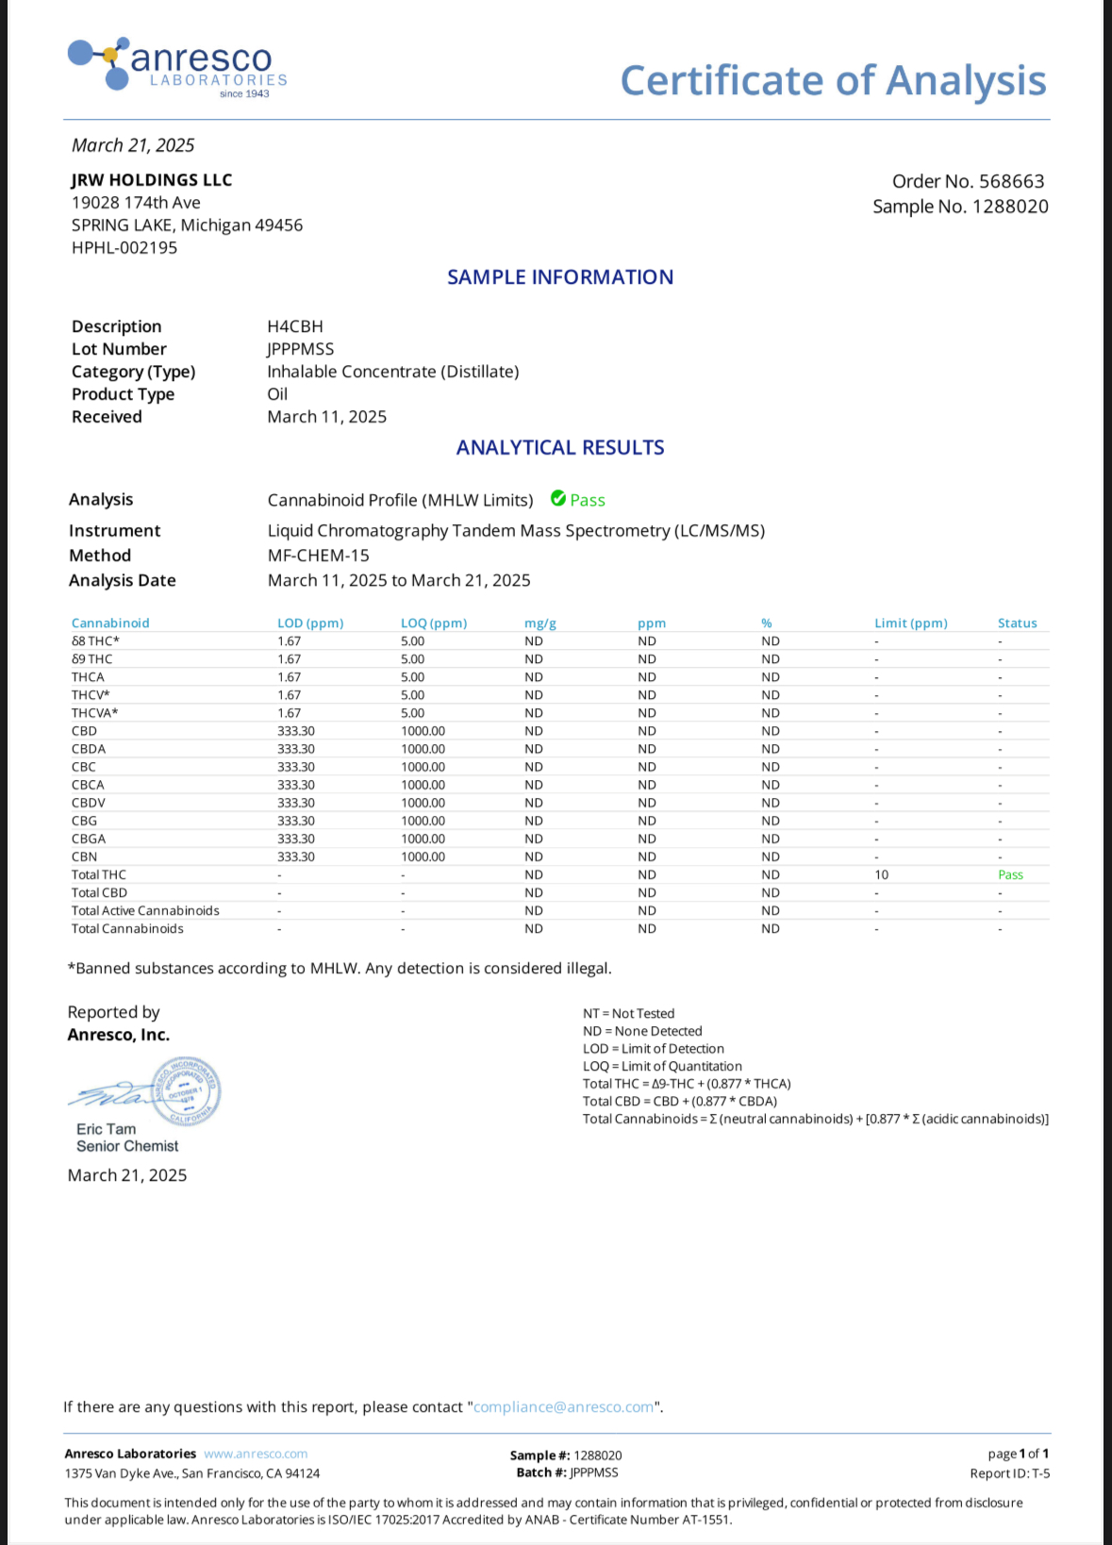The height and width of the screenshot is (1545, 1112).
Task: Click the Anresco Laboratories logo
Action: [x=177, y=65]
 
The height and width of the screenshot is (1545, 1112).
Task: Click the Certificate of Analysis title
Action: [x=833, y=81]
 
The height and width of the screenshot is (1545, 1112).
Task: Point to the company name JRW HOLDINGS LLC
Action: [x=152, y=180]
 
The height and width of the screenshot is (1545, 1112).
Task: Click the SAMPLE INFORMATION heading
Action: [x=560, y=277]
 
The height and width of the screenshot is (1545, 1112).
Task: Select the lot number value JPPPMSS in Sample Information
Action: [x=300, y=349]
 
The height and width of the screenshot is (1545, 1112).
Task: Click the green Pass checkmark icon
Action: [x=558, y=499]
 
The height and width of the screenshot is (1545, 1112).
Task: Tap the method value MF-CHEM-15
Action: [x=318, y=556]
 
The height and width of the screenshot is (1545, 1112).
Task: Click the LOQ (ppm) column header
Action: [x=434, y=623]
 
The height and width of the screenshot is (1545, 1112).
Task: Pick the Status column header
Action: [x=1017, y=623]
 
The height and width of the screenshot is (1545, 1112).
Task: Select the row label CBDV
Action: [x=89, y=803]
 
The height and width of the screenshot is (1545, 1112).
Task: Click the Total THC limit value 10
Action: [x=881, y=875]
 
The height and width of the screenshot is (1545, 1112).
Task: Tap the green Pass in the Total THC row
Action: [x=1010, y=875]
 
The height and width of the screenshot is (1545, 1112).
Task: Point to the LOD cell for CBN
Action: [x=296, y=857]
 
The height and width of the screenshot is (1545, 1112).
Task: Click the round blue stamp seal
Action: [x=187, y=1091]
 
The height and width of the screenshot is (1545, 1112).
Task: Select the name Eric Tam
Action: [x=106, y=1129]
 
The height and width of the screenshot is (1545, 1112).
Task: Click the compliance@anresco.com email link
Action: [x=563, y=1407]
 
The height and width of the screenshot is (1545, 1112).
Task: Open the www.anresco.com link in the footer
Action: [x=256, y=1454]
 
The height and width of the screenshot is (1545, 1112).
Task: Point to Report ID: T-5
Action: [x=1009, y=1473]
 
